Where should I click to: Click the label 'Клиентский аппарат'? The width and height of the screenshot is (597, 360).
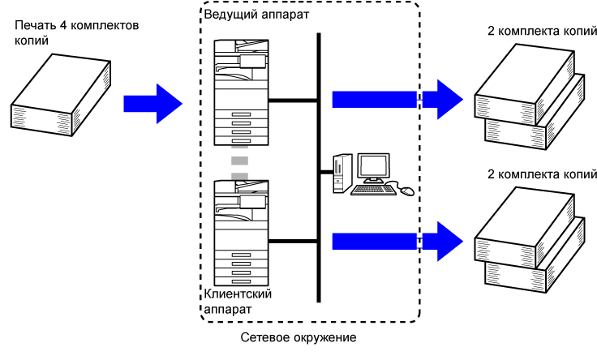tap(237, 301)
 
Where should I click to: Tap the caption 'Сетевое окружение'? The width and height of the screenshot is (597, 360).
tap(298, 336)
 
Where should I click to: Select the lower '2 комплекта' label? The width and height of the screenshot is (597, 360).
tap(535, 174)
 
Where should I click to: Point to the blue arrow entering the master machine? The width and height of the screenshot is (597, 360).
tap(152, 102)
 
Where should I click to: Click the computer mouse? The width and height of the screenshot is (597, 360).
tap(406, 191)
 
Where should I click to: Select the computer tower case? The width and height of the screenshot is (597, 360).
tap(340, 172)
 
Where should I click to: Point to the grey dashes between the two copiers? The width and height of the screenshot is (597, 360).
tap(239, 163)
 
